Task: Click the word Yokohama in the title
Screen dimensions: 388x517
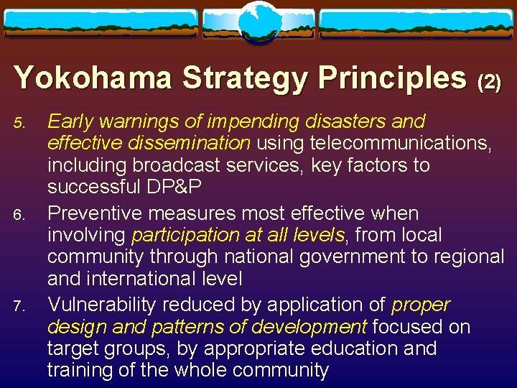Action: pyautogui.click(x=93, y=77)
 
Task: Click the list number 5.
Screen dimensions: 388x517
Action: pyautogui.click(x=19, y=123)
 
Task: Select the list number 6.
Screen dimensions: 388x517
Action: pyautogui.click(x=19, y=215)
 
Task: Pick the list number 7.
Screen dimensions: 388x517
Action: pyautogui.click(x=19, y=307)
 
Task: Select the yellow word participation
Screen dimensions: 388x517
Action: pyautogui.click(x=187, y=235)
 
